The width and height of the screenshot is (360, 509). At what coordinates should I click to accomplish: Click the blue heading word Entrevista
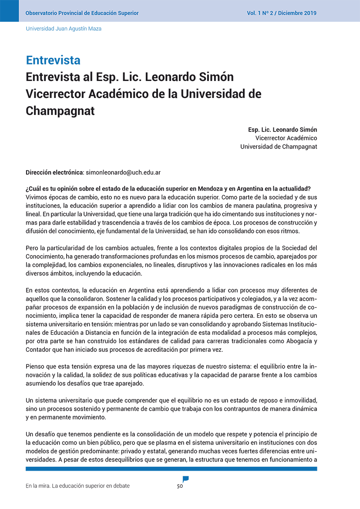tap(53, 60)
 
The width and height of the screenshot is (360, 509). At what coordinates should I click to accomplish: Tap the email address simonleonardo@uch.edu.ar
tap(123, 172)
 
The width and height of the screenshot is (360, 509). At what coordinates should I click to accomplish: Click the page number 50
tap(180, 486)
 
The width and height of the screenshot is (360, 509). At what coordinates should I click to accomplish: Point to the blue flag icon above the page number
tap(186, 479)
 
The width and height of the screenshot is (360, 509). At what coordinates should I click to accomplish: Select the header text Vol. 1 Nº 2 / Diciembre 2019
tap(282, 13)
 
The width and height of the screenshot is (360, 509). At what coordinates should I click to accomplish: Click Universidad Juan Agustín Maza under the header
tap(64, 29)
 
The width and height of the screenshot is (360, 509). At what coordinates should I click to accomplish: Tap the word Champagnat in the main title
tap(60, 111)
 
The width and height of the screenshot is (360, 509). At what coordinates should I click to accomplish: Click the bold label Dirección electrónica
tap(54, 172)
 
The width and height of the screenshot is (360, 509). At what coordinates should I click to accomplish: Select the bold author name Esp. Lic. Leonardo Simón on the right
tap(283, 130)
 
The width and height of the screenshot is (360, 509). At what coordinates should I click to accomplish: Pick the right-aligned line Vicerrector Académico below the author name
tap(286, 138)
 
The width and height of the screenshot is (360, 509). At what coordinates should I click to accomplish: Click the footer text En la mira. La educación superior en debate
tap(77, 486)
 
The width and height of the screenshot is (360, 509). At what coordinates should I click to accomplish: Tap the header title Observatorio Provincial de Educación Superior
tap(82, 13)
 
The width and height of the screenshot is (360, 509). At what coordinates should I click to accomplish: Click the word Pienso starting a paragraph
tap(35, 367)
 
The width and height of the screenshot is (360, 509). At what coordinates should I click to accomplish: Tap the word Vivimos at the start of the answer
tap(37, 196)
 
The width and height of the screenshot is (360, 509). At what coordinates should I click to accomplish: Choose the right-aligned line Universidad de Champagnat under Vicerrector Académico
tap(279, 147)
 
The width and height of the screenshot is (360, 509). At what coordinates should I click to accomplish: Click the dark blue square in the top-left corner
tap(9, 10)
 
